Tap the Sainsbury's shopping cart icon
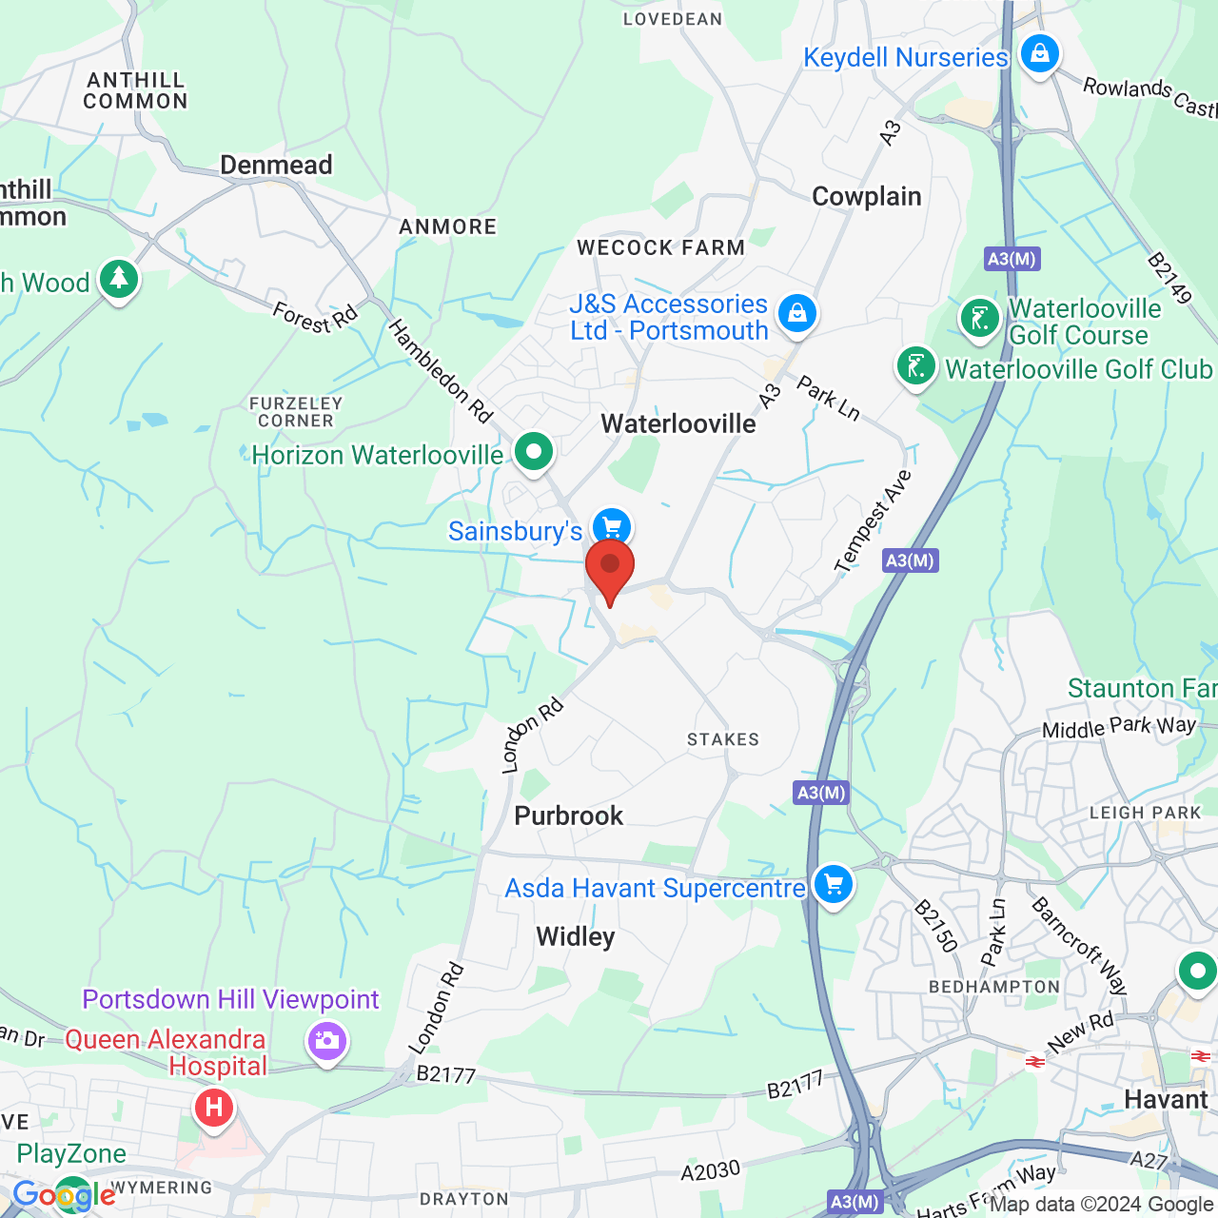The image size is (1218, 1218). [x=612, y=526]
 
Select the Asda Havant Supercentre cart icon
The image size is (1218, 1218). [x=834, y=885]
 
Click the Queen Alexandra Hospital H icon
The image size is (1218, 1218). [x=214, y=1108]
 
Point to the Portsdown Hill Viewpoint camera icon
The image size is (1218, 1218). [x=326, y=1040]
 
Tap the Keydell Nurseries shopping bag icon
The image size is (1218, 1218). [x=1040, y=53]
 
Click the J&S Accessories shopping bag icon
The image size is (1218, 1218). [x=797, y=312]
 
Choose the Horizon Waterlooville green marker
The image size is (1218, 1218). [x=534, y=451]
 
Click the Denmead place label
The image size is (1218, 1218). [x=276, y=165]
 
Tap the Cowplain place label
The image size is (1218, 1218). [x=866, y=196]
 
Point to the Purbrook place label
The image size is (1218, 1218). [x=568, y=815]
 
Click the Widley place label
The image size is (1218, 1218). [x=575, y=936]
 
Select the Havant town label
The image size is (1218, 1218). [x=1166, y=1099]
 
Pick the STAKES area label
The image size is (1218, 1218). [x=723, y=739]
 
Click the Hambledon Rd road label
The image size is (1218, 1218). [x=441, y=371]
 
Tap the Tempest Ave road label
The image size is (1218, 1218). [x=874, y=522]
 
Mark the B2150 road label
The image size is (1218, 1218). [x=935, y=926]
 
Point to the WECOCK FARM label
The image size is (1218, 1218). [x=660, y=247]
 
